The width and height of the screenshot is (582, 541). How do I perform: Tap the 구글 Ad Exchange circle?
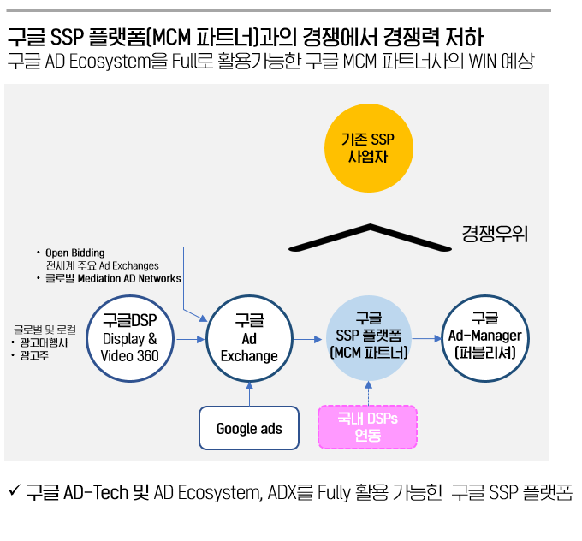coord(249,337)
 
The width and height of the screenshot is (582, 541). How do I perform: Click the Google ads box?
coord(249,428)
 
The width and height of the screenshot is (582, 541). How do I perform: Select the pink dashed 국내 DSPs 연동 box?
coord(367,426)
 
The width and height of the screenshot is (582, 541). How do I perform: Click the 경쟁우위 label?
coord(494,233)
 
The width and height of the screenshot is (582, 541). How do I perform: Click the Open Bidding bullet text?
coord(75,253)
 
